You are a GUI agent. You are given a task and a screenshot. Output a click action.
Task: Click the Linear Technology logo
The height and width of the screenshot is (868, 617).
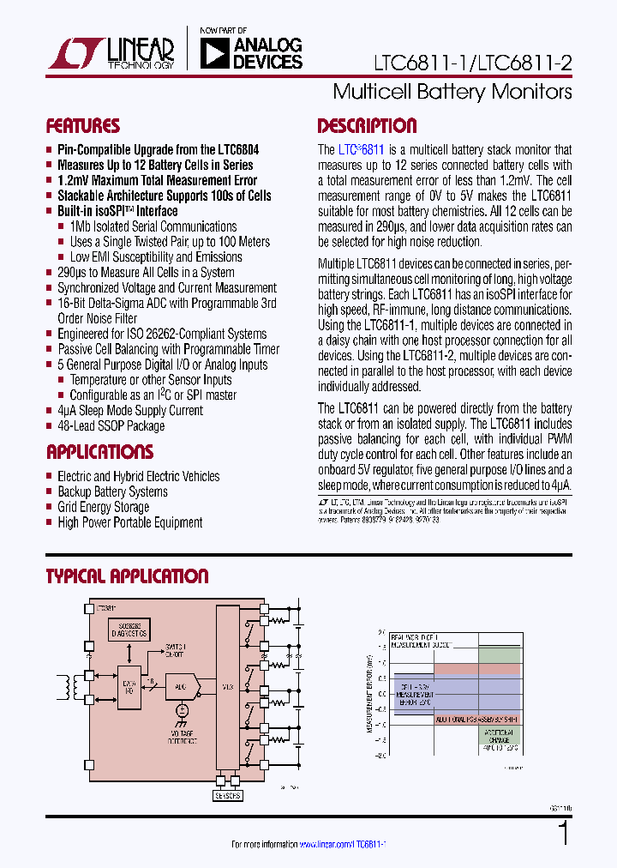click(x=111, y=53)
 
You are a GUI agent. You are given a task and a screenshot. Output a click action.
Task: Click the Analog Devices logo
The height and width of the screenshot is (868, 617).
click(x=251, y=52)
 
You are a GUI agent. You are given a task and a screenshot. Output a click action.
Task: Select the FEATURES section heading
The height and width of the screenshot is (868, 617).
click(x=82, y=126)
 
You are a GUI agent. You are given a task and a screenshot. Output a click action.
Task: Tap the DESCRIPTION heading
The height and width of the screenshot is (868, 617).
click(x=367, y=126)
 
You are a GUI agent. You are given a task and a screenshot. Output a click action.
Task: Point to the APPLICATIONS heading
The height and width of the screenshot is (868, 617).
click(x=99, y=452)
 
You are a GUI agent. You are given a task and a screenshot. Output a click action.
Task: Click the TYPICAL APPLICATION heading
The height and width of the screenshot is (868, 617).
click(x=127, y=576)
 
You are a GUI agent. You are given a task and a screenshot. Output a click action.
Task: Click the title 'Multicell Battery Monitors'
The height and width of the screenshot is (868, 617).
click(x=452, y=91)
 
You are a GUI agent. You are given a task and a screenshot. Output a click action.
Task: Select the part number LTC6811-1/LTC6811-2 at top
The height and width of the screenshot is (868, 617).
click(x=472, y=63)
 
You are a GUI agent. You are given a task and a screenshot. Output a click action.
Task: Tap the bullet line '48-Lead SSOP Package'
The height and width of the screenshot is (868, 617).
click(x=111, y=425)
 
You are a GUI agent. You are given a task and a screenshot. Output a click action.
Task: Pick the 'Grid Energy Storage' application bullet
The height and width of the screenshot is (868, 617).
click(x=103, y=507)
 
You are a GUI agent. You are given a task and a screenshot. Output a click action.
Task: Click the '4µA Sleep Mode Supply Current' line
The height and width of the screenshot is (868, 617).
click(x=129, y=410)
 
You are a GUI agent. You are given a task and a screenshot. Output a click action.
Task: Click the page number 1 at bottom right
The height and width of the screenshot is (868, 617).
click(x=563, y=833)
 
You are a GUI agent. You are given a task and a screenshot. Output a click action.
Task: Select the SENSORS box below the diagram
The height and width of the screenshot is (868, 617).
click(x=226, y=794)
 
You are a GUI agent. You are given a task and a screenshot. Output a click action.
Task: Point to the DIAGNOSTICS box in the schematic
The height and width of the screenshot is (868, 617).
click(x=129, y=630)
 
